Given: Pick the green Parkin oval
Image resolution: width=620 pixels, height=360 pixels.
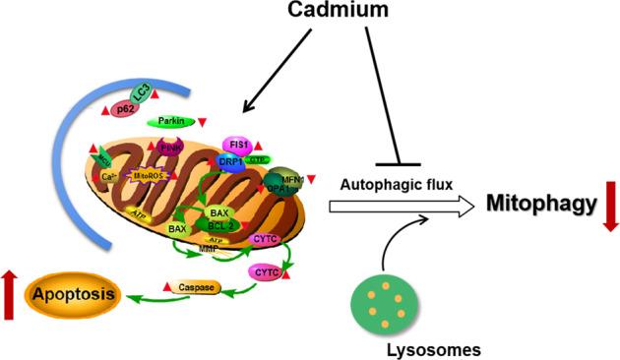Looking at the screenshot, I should click(170, 123).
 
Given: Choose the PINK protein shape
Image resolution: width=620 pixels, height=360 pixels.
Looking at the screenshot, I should click(172, 149).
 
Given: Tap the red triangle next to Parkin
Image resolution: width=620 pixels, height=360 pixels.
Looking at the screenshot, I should click(202, 122).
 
